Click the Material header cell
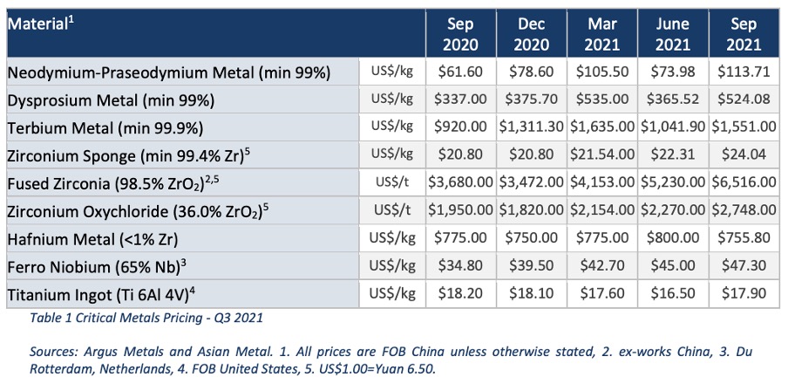coord(216,32)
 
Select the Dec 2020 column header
coord(532,33)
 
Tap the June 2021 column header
coord(674,33)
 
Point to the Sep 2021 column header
coord(744,33)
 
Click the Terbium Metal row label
coord(105,127)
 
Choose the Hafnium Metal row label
coord(93,238)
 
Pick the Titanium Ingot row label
coord(101,294)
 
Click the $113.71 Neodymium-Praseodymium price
coord(744,72)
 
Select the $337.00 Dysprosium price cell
coord(461,99)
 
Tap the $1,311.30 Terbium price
coord(532,127)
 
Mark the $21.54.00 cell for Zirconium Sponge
coord(602,154)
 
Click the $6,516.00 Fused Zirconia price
coord(744,182)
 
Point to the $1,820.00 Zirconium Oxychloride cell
coord(532,209)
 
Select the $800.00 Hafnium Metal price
coord(674,237)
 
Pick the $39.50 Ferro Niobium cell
coord(532,265)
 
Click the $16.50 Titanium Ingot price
coord(674,293)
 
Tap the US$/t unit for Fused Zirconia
coord(392,182)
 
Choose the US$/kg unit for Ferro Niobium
coord(392,265)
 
